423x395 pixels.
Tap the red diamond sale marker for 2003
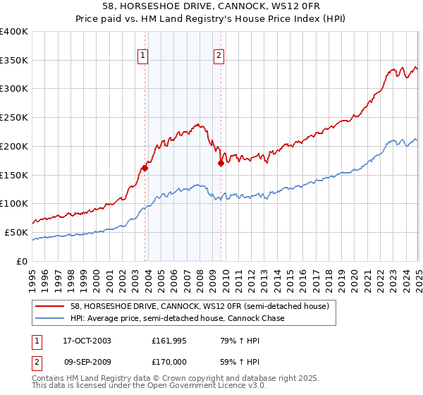[x=145, y=168]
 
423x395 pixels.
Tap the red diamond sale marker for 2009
[x=221, y=163]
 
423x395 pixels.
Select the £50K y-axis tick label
[x=16, y=232]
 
